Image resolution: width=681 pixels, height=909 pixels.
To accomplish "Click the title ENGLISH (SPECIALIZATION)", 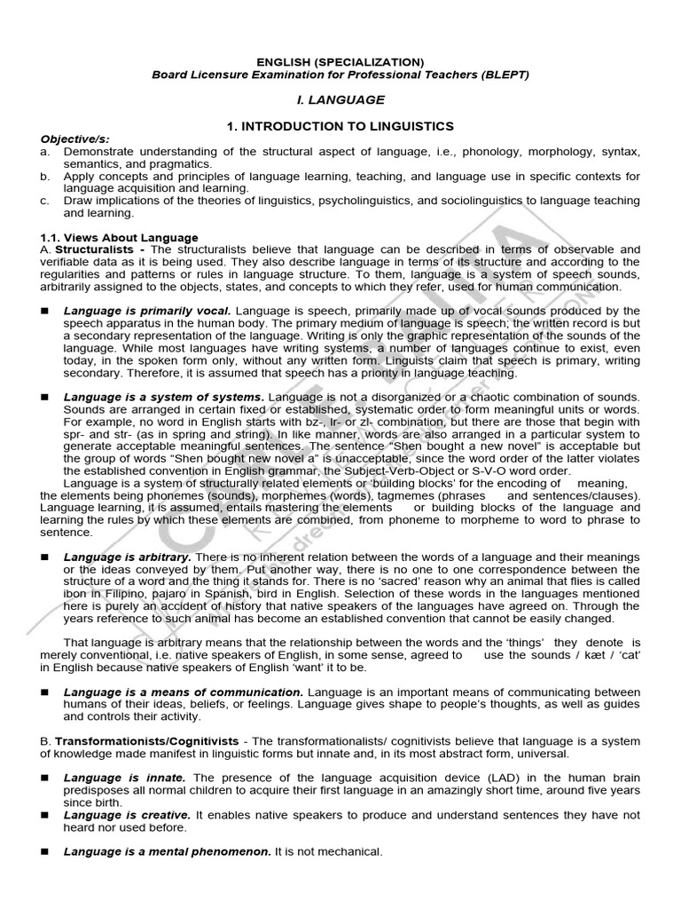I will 340,61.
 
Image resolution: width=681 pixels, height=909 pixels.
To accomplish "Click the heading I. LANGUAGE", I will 340,100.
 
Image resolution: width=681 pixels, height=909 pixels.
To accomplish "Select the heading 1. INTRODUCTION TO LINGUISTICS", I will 340,127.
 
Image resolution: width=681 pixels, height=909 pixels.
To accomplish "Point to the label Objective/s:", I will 70,139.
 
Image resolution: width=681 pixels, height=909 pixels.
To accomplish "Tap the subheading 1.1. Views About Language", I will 120,238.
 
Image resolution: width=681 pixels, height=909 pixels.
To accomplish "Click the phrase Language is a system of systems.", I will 163,396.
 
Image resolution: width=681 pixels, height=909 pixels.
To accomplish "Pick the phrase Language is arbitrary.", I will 128,556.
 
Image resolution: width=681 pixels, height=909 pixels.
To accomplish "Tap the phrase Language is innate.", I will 124,777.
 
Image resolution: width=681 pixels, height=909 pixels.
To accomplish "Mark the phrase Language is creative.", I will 127,814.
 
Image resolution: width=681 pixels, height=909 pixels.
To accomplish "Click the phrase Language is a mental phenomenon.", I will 167,851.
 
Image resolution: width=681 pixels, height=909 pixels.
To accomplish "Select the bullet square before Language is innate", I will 44,778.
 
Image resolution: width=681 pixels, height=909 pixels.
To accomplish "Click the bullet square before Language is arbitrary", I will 44,557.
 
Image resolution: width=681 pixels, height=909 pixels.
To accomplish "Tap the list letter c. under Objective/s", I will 44,202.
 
